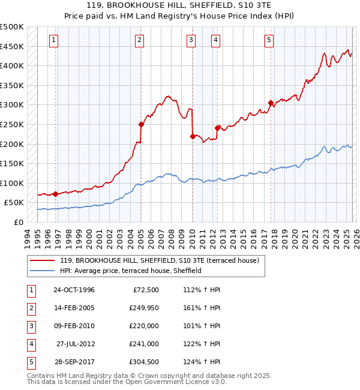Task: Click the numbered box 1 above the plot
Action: click(54, 40)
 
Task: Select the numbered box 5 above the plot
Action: click(269, 40)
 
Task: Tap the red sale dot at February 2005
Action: click(141, 125)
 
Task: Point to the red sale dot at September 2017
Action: click(271, 103)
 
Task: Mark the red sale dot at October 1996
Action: click(56, 194)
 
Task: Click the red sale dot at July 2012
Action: click(217, 128)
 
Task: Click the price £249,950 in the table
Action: click(142, 308)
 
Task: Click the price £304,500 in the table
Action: click(142, 362)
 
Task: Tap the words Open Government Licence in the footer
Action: click(175, 381)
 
